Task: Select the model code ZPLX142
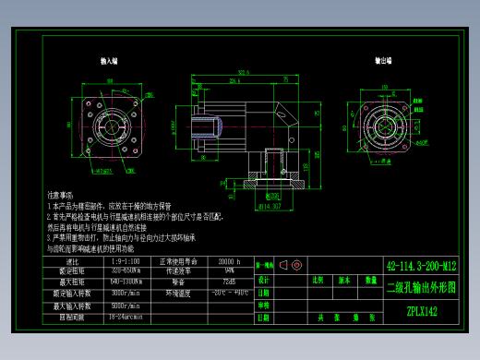[x=422, y=311]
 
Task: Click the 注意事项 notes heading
[x=60, y=196]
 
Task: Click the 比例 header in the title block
[x=318, y=279]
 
